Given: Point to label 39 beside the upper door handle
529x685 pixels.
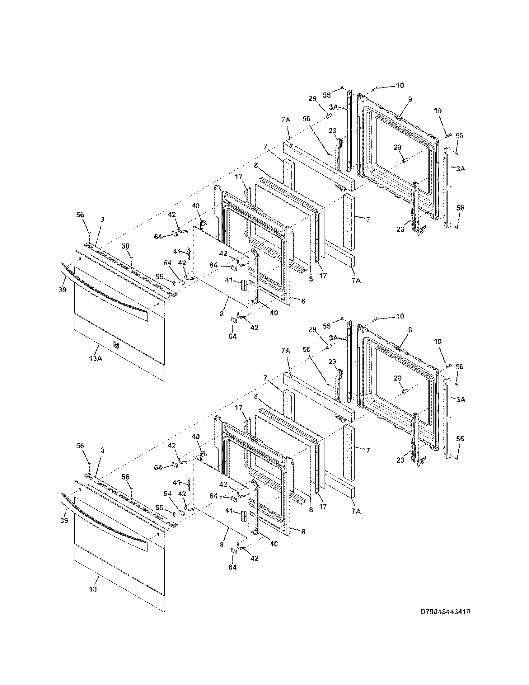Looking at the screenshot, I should [63, 290].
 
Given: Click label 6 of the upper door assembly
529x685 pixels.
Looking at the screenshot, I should [303, 301].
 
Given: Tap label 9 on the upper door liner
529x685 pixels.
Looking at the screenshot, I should [410, 99].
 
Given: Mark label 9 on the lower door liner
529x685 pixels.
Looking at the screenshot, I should [410, 330].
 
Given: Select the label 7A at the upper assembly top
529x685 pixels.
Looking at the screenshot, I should [285, 120].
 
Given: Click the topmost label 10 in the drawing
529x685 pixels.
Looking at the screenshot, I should [400, 85].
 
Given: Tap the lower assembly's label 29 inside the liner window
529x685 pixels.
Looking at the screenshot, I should [397, 378].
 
